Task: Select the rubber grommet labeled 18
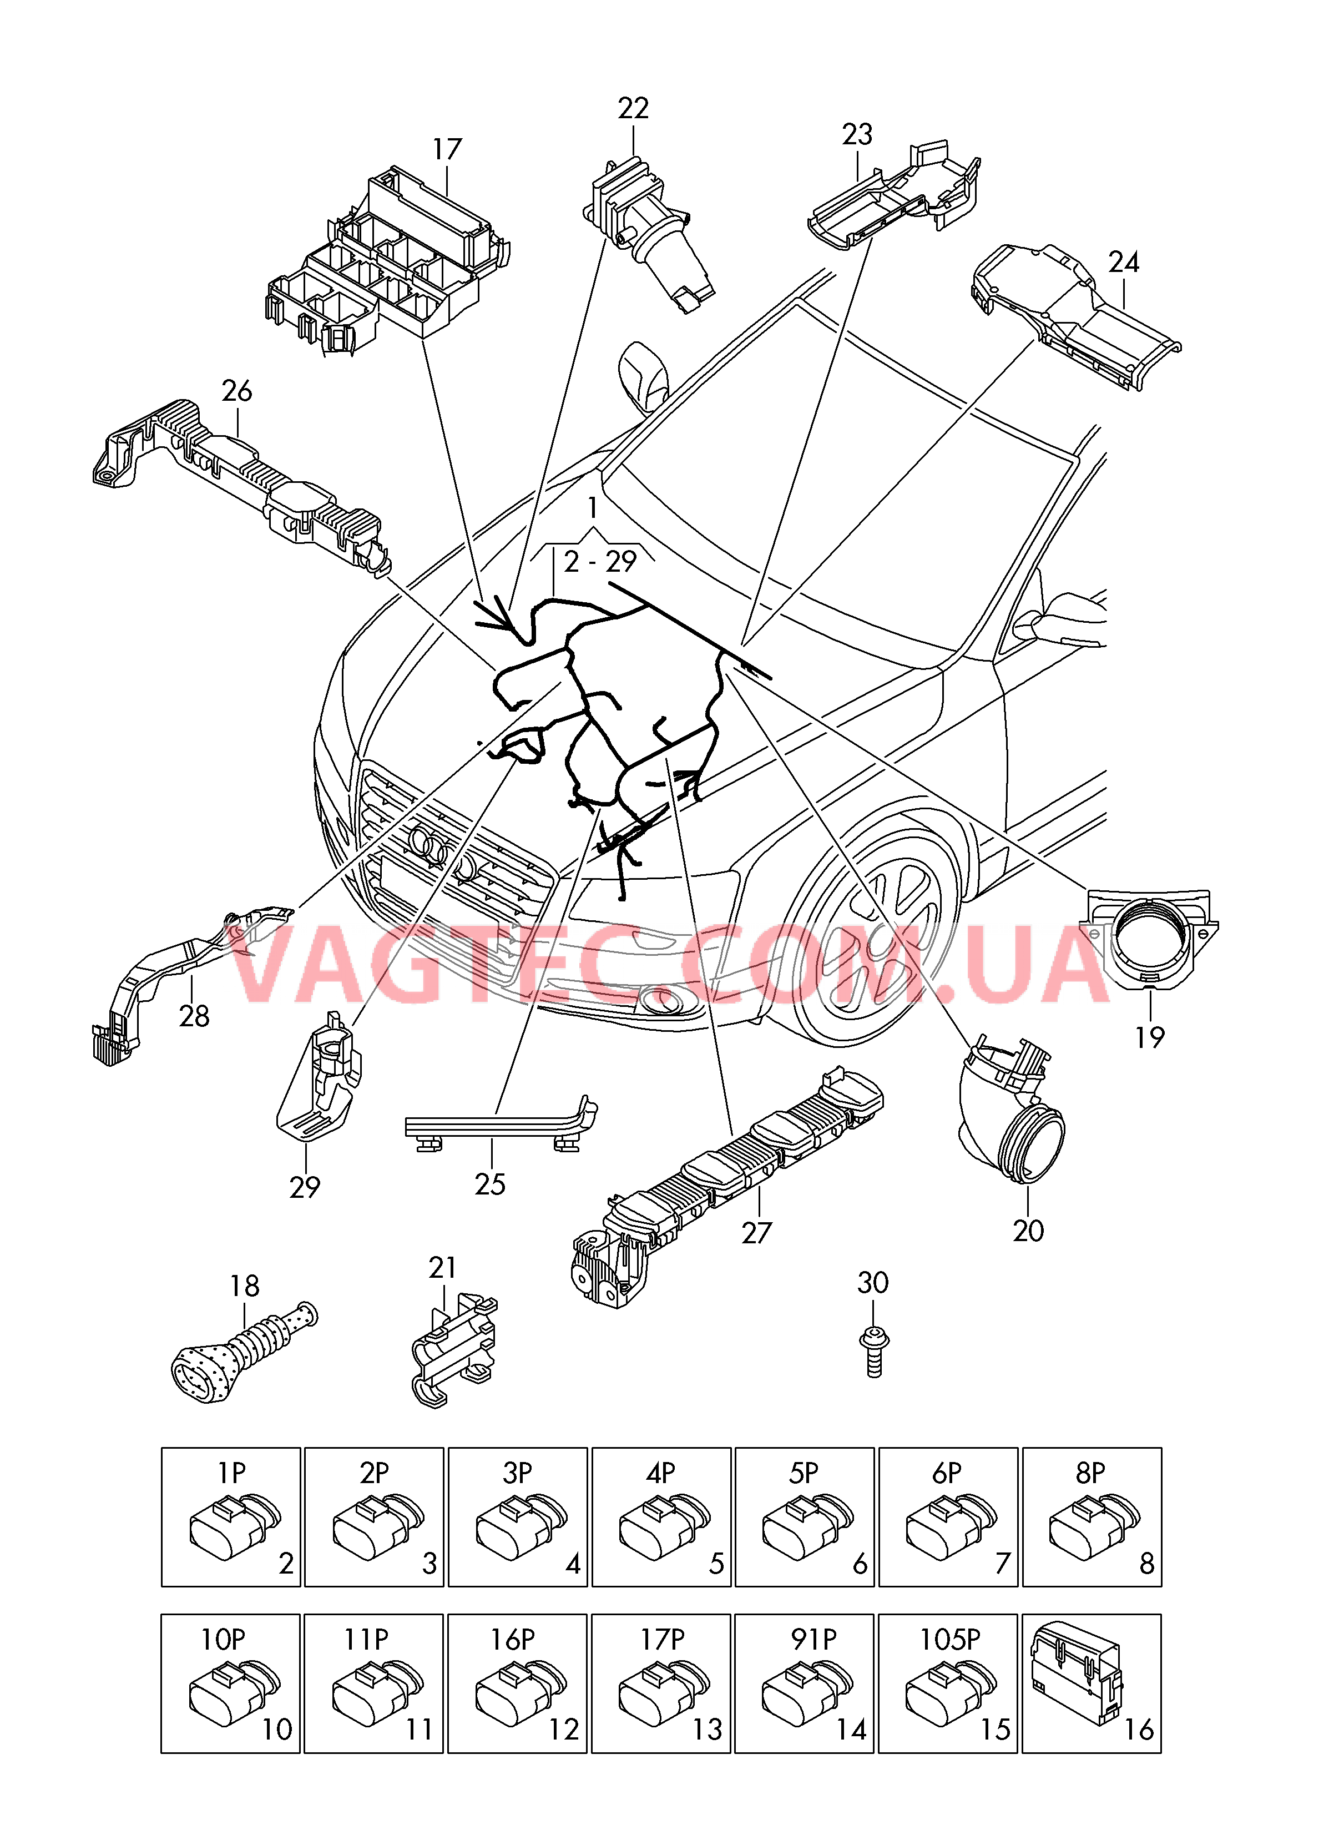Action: [x=244, y=1354]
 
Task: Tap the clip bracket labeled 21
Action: [x=454, y=1351]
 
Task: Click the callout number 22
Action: [x=633, y=108]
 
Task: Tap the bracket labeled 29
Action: [x=320, y=1076]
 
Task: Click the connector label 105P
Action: [x=949, y=1639]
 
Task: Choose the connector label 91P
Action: [x=813, y=1639]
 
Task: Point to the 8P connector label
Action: [x=1090, y=1473]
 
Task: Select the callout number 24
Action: [x=1124, y=262]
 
